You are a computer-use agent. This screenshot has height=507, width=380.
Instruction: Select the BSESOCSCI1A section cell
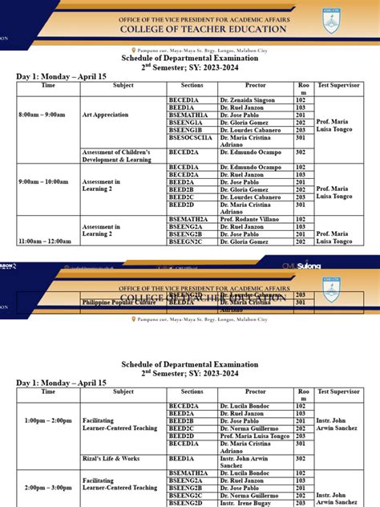point(190,137)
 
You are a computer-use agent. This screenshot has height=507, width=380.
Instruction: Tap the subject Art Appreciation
point(105,115)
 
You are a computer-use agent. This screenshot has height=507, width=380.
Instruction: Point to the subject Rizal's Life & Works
point(111,458)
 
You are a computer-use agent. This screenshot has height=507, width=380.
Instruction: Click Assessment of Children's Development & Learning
point(116,156)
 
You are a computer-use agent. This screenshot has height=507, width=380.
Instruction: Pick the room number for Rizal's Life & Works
point(301,458)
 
